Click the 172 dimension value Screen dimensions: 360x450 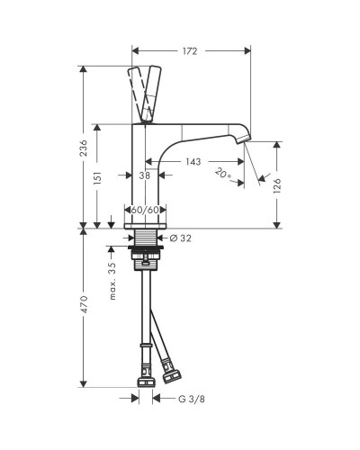190,51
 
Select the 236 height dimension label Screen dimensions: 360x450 85,148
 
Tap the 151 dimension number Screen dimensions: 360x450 97,178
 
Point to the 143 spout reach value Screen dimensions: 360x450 193,162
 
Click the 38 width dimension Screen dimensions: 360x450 145,175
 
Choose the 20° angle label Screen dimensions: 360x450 223,174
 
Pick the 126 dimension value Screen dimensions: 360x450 277,185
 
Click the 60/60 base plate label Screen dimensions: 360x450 145,210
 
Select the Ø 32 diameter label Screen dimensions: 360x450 180,238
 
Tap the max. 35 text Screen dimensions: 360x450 112,281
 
